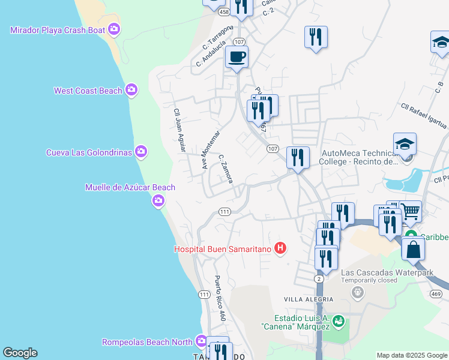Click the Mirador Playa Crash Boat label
coord(58,30)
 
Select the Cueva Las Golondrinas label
coord(89,152)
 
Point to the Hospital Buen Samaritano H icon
coord(280,248)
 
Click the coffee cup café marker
coord(237,58)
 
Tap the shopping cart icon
coord(410,211)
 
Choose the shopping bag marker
coord(414,248)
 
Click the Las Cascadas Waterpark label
coord(387,272)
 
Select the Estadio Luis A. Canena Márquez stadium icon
coord(339,321)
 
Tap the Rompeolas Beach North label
coord(147,342)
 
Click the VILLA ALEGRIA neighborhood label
coord(310,299)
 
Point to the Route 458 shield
coord(224,11)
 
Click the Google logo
coord(20,353)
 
